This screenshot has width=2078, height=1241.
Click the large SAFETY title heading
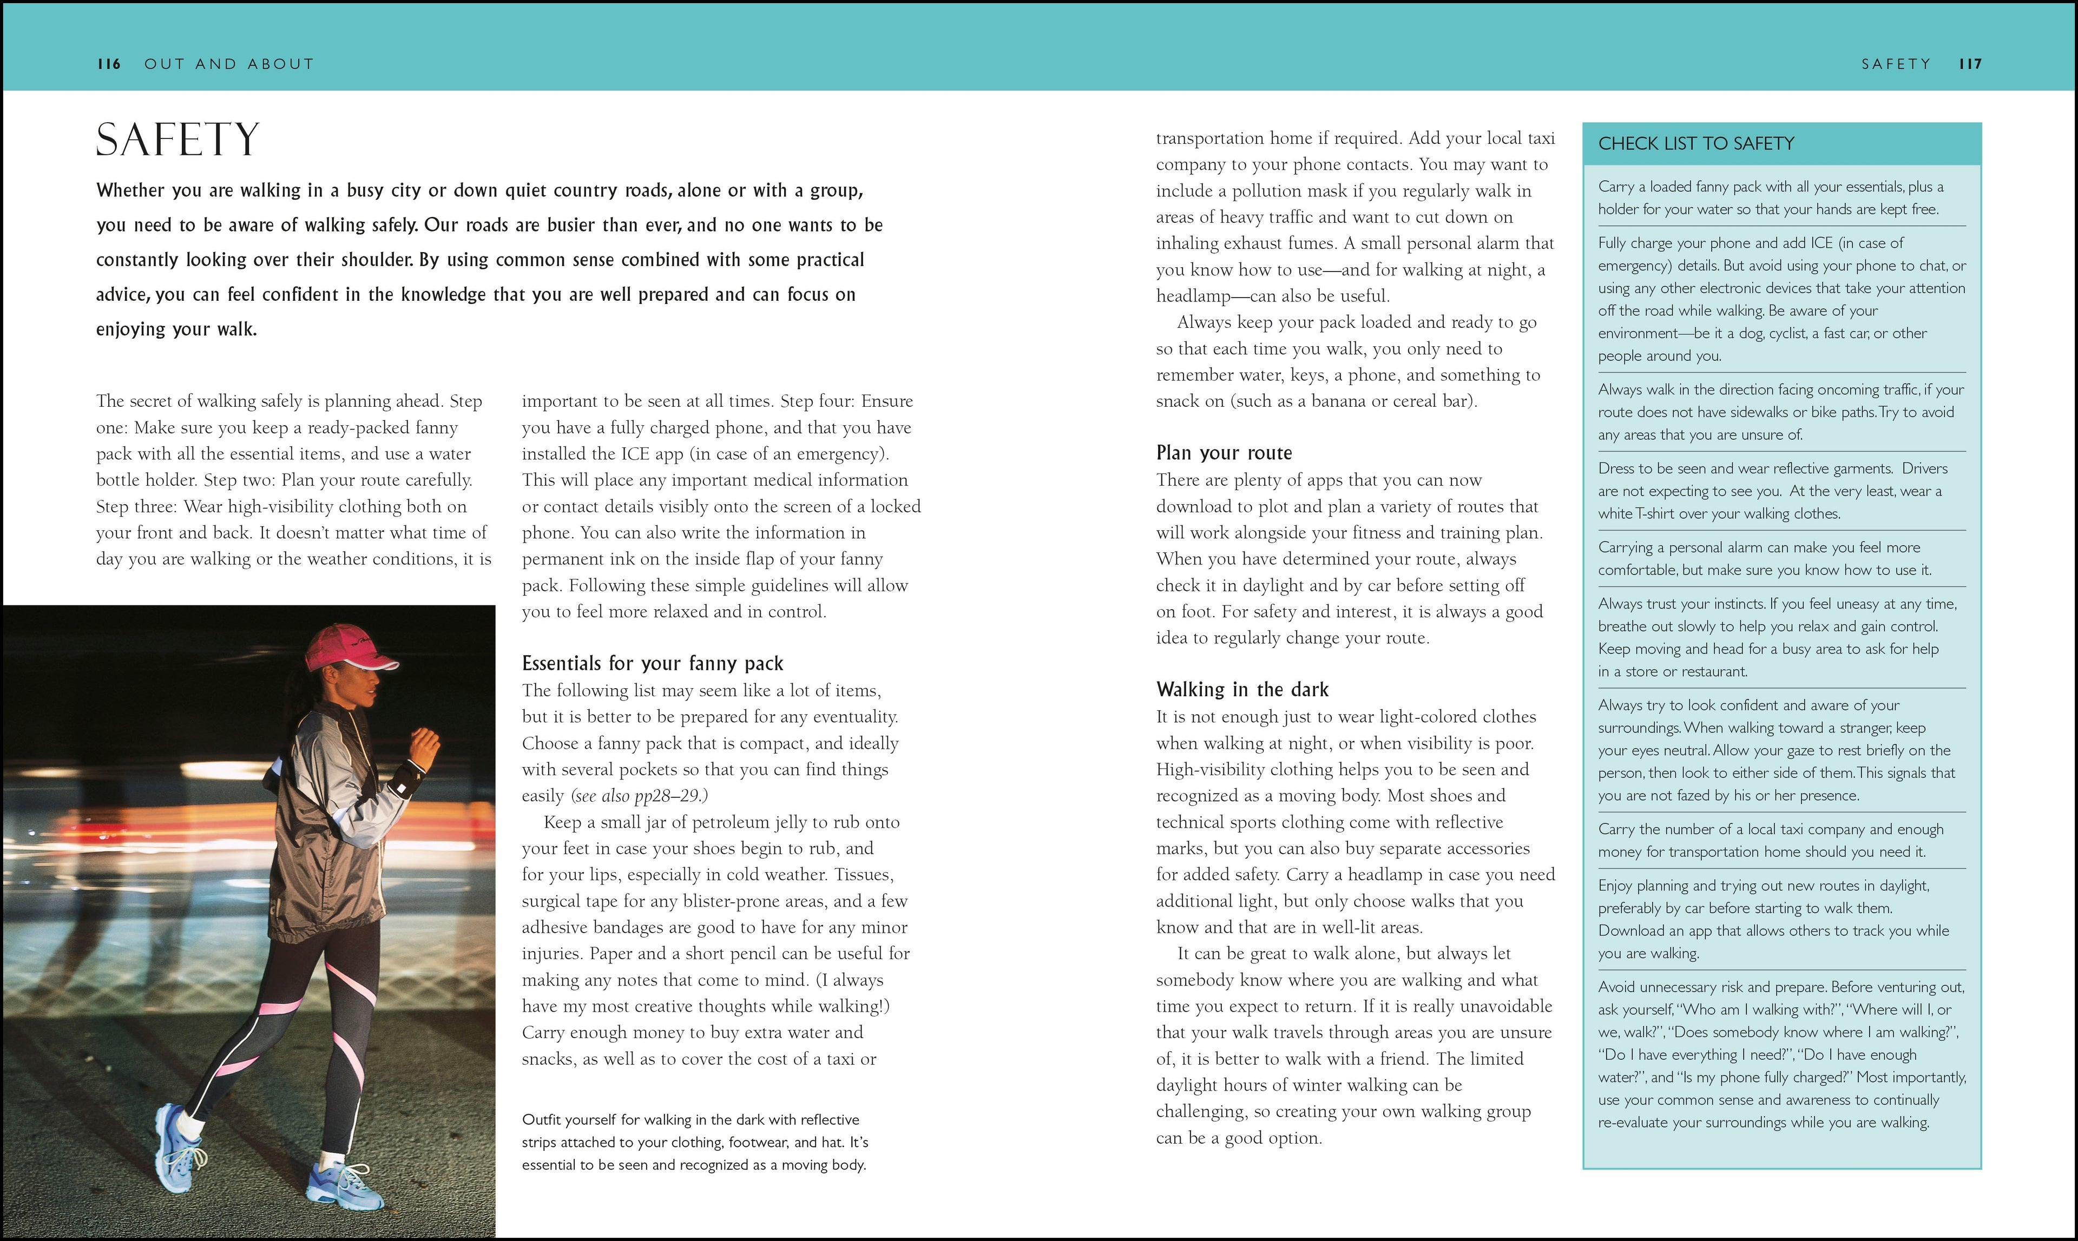pyautogui.click(x=177, y=140)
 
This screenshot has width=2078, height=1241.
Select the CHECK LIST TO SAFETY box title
pyautogui.click(x=1696, y=144)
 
